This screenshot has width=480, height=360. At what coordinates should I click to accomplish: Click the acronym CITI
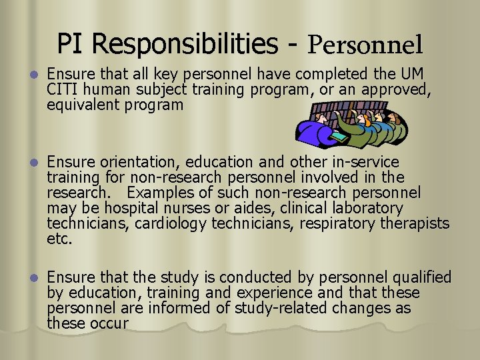click(x=63, y=89)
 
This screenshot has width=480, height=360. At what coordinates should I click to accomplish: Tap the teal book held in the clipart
click(x=338, y=136)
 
